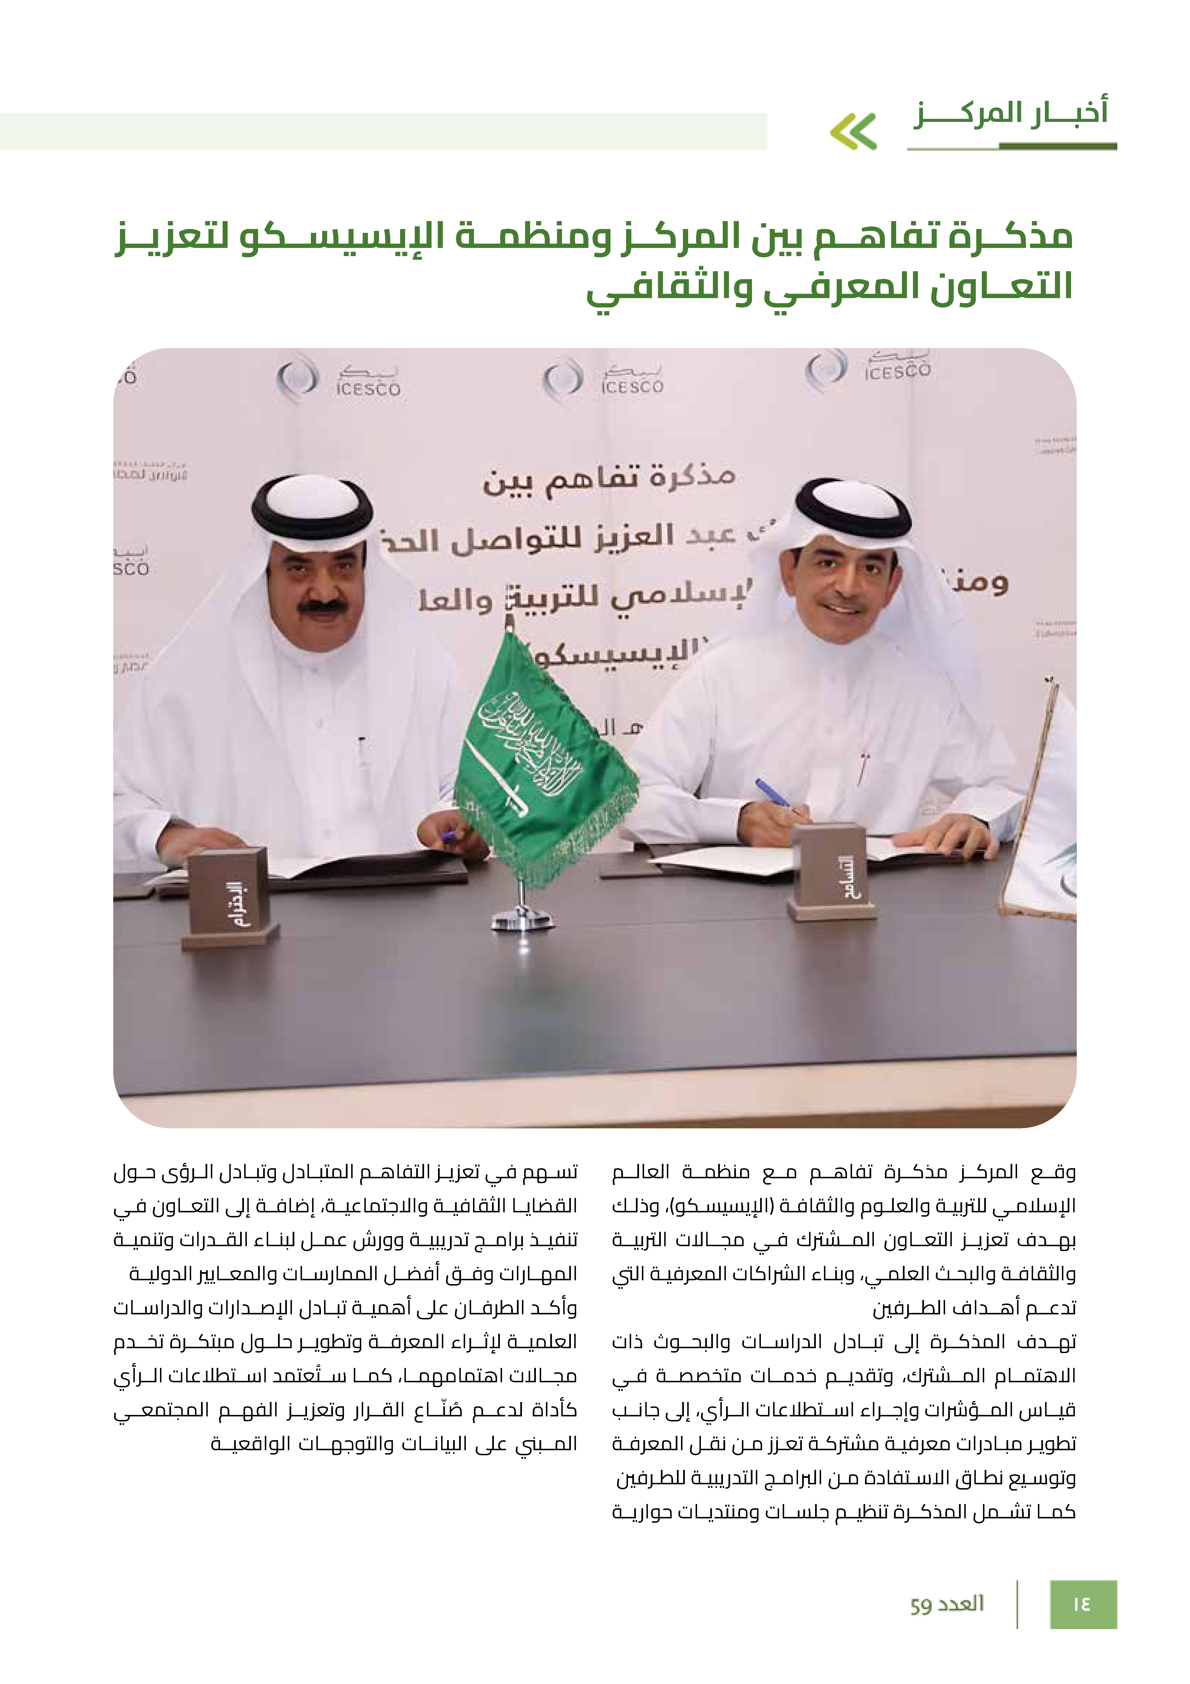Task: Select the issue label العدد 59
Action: point(947,1604)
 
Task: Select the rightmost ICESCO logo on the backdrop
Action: point(869,367)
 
